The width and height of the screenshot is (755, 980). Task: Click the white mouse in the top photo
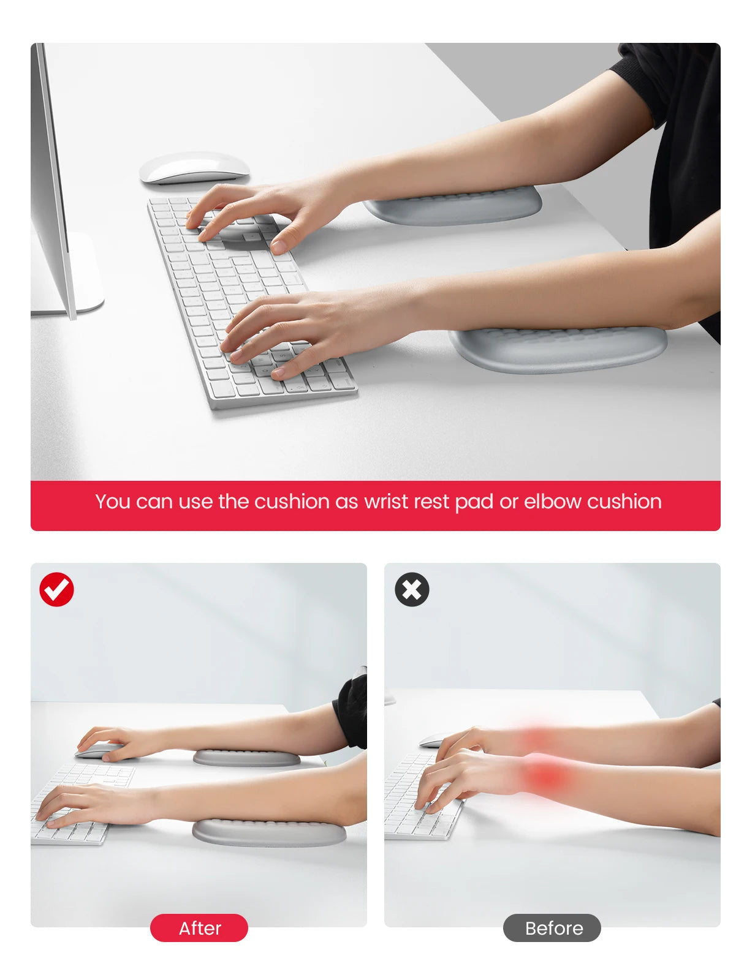pos(194,168)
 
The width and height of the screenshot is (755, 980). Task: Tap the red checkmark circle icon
pos(56,589)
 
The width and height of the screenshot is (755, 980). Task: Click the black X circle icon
pos(412,589)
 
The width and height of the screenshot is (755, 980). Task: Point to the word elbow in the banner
pos(552,502)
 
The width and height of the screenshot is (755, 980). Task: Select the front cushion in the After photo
pos(269,832)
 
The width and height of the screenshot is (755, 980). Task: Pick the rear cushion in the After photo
pos(247,758)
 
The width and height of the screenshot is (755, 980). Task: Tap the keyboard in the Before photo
pos(422,798)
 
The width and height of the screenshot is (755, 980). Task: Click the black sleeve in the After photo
pos(351,710)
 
